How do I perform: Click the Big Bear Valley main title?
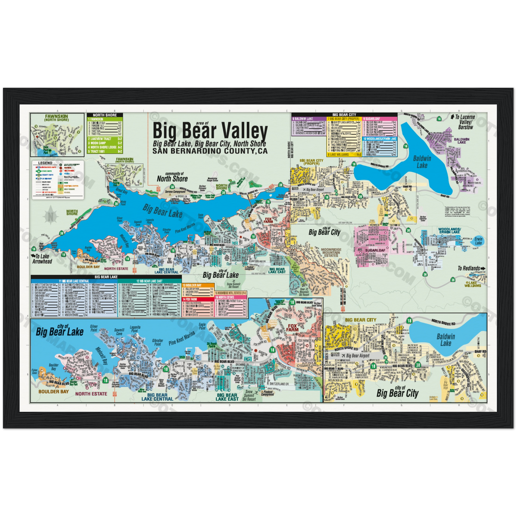pyautogui.click(x=210, y=131)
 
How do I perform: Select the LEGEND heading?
pyautogui.click(x=45, y=163)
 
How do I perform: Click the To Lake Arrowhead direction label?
pyautogui.click(x=42, y=258)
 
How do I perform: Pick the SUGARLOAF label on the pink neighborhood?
pyautogui.click(x=371, y=249)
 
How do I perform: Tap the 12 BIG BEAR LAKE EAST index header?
pyautogui.click(x=149, y=281)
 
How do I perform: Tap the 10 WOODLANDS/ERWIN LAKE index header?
pyautogui.click(x=379, y=139)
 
